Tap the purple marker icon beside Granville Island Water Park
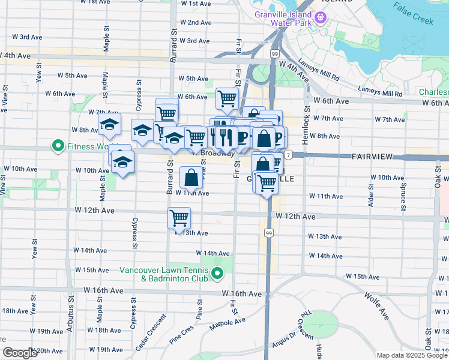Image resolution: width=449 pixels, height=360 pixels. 321,19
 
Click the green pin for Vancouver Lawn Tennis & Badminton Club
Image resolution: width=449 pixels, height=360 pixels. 217,275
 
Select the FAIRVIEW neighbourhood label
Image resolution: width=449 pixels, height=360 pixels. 372,156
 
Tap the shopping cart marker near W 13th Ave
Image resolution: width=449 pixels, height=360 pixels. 179,218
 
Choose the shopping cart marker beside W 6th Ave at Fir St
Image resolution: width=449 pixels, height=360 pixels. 227,97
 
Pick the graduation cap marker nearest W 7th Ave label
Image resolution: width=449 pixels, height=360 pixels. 110,125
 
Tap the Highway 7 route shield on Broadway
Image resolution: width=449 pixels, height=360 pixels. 289,155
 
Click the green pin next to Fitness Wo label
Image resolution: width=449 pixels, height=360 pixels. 58,145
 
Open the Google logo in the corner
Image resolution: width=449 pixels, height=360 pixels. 19,353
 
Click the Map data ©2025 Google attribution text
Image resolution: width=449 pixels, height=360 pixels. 412,355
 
